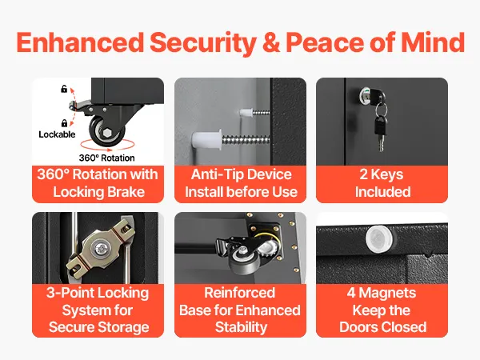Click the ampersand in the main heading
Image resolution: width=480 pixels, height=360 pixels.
(271, 42)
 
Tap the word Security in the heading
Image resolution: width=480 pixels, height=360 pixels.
(203, 43)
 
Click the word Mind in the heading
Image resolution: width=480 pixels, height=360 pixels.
(433, 42)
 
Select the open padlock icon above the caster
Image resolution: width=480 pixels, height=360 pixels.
(64, 89)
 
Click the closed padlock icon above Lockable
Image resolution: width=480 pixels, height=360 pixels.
(64, 123)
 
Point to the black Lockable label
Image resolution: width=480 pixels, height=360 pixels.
(57, 134)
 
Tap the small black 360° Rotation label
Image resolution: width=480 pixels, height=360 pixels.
(107, 158)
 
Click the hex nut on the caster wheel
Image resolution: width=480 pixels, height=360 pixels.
(107, 133)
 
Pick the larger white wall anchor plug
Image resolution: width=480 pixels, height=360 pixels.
(207, 138)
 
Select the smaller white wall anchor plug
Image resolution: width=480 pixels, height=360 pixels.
(246, 112)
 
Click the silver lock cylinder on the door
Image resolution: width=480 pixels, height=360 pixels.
(366, 94)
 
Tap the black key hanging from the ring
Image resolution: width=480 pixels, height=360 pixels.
(381, 132)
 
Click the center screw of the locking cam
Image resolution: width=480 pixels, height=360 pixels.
(100, 248)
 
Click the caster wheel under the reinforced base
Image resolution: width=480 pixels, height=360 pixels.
(242, 261)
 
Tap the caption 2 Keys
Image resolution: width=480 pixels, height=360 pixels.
(382, 174)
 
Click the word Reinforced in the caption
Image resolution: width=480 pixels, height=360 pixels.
(240, 293)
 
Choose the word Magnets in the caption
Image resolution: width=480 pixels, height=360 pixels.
(387, 293)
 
